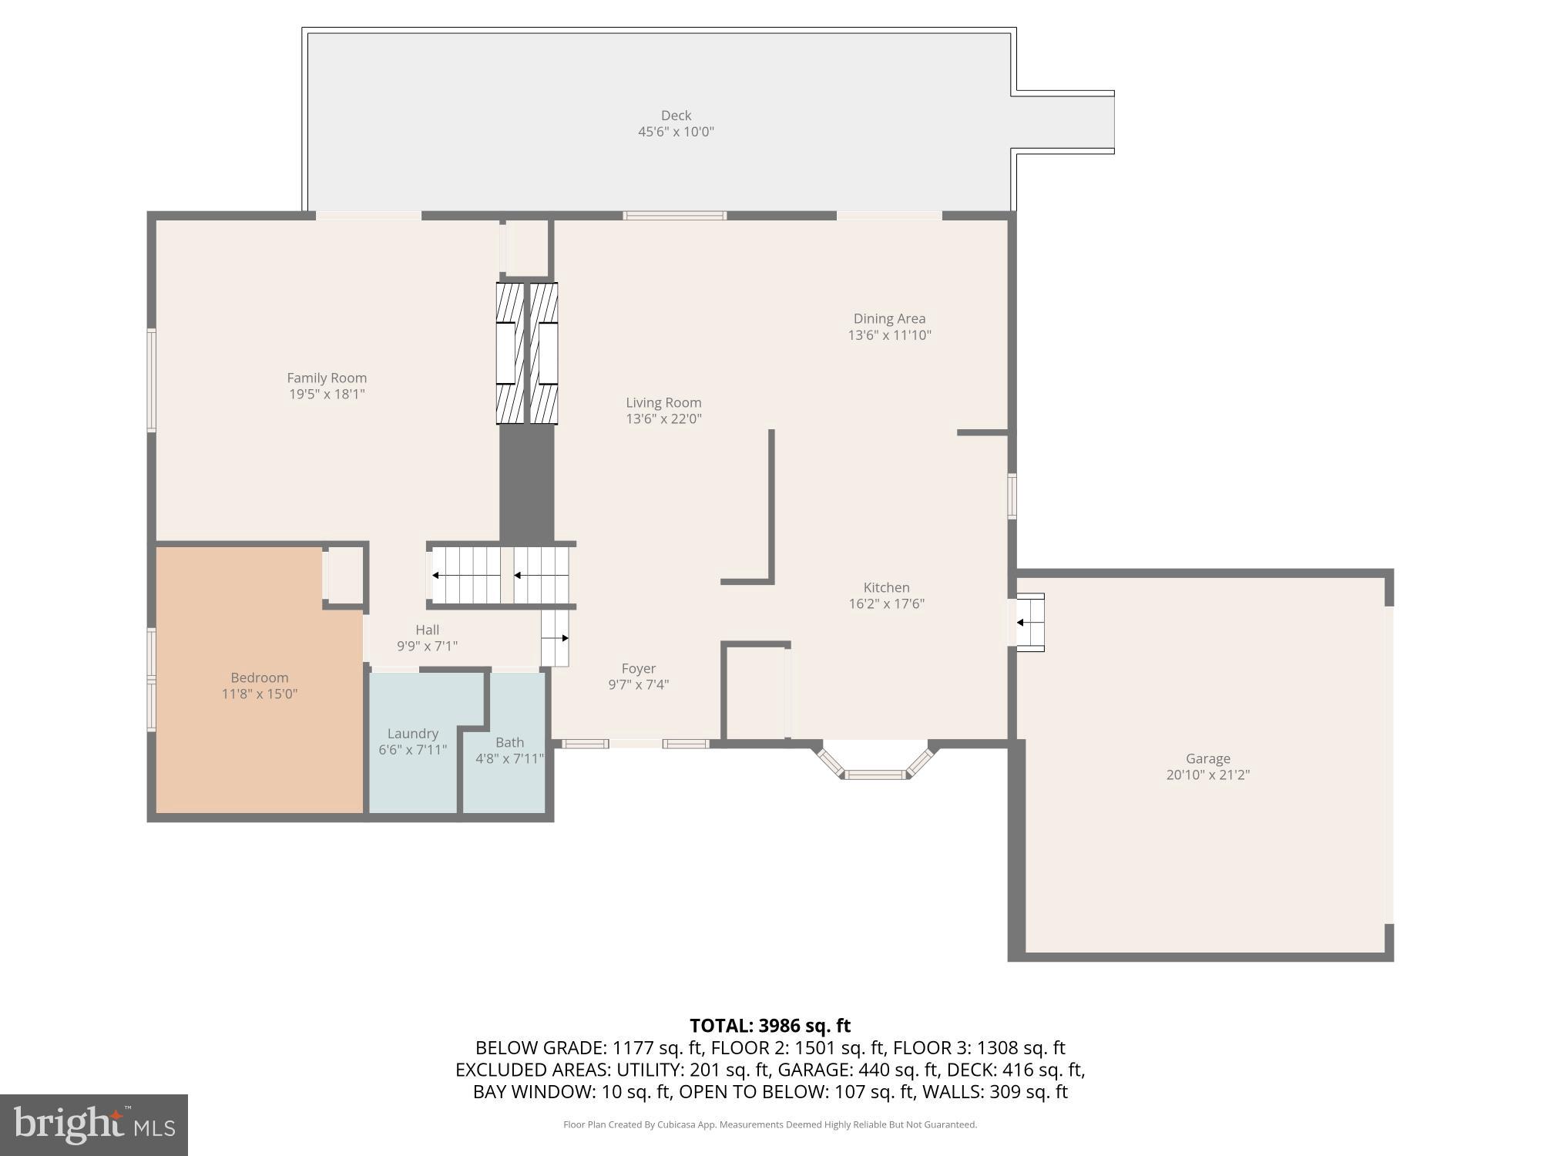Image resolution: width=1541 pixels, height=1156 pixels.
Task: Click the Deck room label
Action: point(676,116)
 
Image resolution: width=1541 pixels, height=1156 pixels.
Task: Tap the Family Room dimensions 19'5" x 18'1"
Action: point(327,395)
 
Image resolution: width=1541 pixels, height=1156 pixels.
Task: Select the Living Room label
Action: point(663,402)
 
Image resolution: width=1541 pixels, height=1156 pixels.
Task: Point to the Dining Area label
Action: point(889,318)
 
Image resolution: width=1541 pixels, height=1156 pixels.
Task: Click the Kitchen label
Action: point(886,587)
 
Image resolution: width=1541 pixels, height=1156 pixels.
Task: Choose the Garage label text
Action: point(1207,758)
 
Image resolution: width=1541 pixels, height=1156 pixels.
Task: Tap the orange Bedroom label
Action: point(260,677)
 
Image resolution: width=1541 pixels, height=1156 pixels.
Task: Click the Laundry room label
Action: point(413,734)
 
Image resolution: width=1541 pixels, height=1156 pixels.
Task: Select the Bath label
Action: point(509,742)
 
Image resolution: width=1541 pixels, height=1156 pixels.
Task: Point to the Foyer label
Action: point(639,668)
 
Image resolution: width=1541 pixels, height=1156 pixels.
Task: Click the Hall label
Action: point(427,630)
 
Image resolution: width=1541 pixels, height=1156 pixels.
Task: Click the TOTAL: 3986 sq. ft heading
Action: point(770,1026)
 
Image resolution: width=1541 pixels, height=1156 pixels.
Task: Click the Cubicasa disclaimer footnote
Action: point(770,1124)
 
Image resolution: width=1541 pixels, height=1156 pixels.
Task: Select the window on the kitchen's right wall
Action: point(1012,496)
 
